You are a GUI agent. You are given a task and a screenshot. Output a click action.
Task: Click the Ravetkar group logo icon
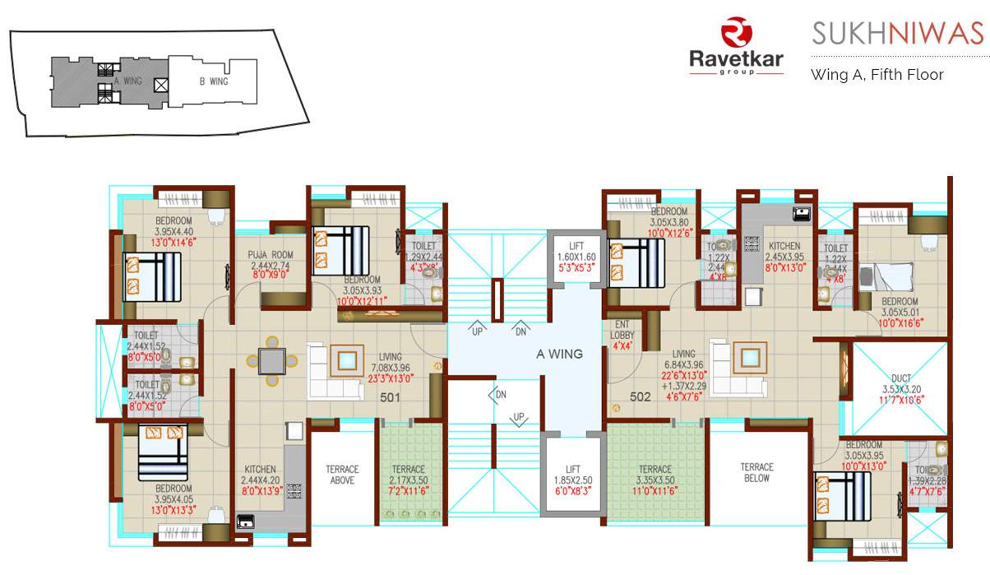tap(735, 35)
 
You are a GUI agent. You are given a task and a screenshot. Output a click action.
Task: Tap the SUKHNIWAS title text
tap(897, 34)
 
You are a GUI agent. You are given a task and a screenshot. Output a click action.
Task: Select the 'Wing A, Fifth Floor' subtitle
tap(877, 74)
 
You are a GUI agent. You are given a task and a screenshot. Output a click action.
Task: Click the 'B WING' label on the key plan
tap(213, 81)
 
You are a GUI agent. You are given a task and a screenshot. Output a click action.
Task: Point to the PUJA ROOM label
tap(272, 255)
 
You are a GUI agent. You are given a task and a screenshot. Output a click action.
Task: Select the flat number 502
tap(641, 396)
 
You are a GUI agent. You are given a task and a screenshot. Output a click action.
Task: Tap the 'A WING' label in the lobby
tap(559, 355)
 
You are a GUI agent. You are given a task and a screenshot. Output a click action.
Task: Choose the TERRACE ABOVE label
tap(341, 475)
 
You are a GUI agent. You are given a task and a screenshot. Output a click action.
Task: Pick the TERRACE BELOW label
tap(756, 472)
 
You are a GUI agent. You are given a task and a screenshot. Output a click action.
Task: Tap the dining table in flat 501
tap(271, 359)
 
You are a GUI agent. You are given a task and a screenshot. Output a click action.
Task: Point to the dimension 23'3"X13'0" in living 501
tap(391, 378)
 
